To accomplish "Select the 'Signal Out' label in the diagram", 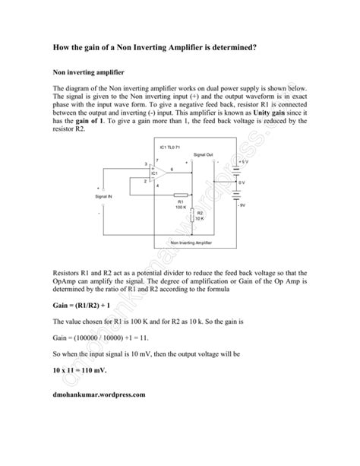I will coord(204,154).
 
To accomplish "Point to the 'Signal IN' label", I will coord(105,196).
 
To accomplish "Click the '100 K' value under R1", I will coord(181,207).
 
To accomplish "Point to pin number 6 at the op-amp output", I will coord(172,168).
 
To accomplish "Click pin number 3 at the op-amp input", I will coord(144,164).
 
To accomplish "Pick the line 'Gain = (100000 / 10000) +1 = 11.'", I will coord(107,336).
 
